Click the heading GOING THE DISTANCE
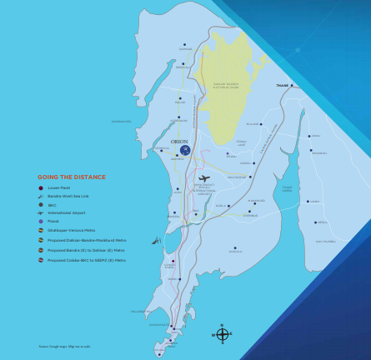click(x=71, y=177)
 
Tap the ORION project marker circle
click(x=185, y=150)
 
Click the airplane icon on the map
click(x=203, y=177)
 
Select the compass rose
click(x=222, y=335)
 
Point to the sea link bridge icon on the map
click(x=156, y=241)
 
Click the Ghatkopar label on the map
click(x=237, y=177)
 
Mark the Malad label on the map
click(x=179, y=102)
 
